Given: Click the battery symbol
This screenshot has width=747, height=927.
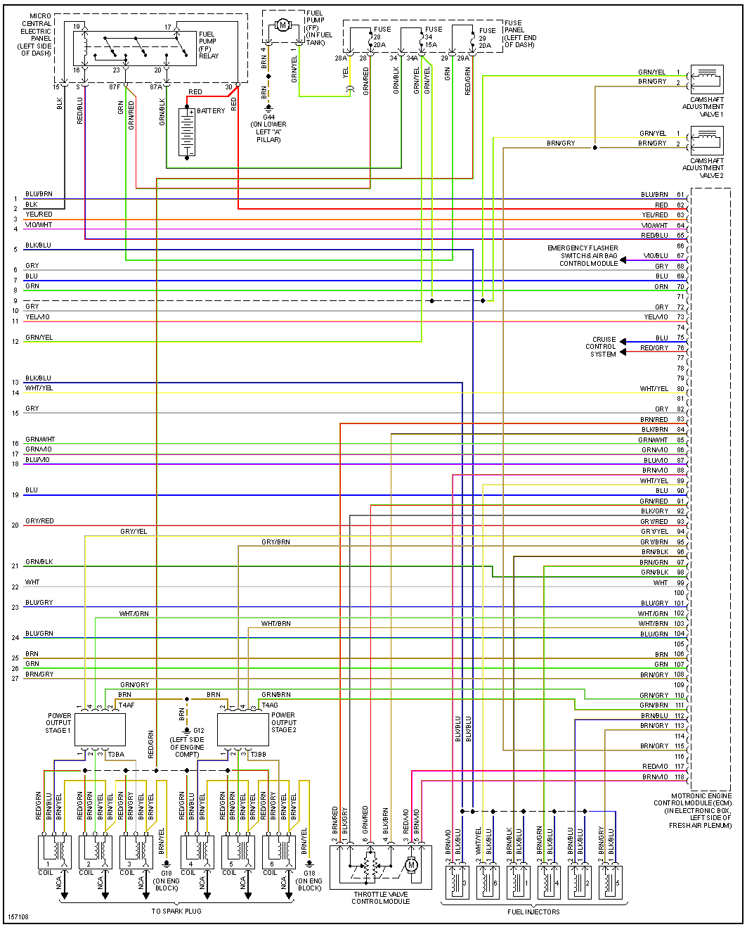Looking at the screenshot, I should click(187, 132).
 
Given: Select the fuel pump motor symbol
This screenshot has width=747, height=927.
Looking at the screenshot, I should click(282, 25).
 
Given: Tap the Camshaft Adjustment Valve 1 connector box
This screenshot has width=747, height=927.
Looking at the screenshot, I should click(707, 79).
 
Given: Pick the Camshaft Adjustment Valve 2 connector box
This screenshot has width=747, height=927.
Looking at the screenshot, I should click(707, 141).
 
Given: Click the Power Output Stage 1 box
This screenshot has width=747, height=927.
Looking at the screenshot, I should click(100, 729).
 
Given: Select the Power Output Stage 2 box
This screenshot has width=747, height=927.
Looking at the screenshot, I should click(243, 729).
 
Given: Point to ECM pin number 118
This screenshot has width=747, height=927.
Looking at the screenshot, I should click(680, 777).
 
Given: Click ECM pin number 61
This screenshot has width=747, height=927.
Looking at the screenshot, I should click(680, 195).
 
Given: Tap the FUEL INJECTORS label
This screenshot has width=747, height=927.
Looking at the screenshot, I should click(533, 912).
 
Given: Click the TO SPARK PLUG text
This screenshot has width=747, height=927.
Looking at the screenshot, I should click(176, 912).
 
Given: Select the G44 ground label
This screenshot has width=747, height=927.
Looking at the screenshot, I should click(268, 117).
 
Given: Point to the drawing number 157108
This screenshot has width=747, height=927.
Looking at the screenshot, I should click(18, 918).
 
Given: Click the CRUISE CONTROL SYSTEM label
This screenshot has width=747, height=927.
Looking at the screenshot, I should click(603, 347).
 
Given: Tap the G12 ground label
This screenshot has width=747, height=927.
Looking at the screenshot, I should click(199, 731).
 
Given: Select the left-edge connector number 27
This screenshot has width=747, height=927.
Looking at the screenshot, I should click(15, 679).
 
